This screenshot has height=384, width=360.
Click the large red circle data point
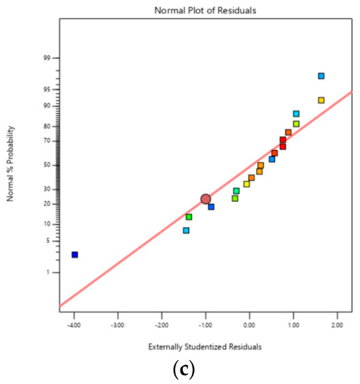pos(206,199)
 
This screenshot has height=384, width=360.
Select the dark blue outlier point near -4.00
pos(75,255)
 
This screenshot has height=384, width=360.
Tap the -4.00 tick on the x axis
pos(74,325)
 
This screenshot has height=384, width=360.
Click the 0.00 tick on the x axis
pos(249,325)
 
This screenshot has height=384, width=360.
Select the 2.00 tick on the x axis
pos(337,325)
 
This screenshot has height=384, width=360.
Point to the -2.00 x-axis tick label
pos(162,325)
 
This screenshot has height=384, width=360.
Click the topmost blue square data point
pos(321,76)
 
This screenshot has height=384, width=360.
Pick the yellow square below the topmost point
pos(321,101)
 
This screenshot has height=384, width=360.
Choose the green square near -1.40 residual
pos(189,217)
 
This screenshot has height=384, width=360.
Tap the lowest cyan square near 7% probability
pos(186,230)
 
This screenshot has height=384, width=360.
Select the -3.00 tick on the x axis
pos(118,325)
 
